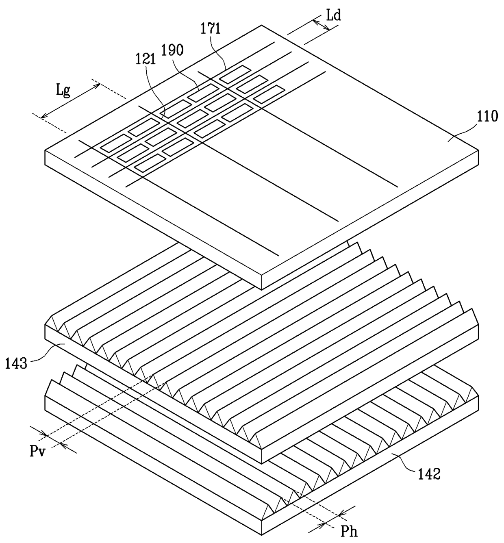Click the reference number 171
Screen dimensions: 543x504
(211, 29)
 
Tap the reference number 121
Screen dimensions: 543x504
(146, 59)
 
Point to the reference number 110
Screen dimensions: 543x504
(488, 117)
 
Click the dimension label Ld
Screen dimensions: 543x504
(333, 15)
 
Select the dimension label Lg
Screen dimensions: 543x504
(63, 90)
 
